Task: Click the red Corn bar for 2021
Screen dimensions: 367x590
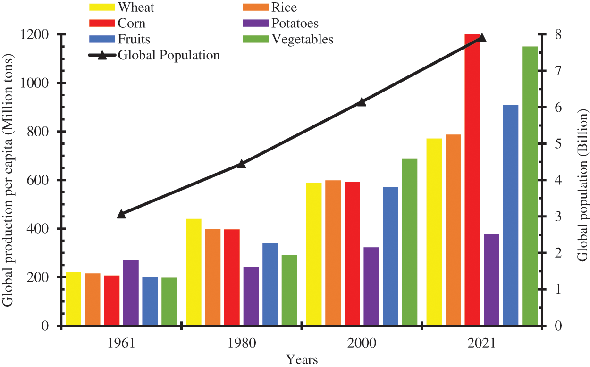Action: [472, 179]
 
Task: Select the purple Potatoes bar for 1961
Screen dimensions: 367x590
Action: [131, 292]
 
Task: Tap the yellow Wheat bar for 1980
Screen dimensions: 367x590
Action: [194, 272]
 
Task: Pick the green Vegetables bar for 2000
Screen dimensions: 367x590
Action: [410, 242]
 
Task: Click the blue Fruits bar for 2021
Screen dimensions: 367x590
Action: [511, 215]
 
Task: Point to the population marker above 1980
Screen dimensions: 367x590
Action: [241, 164]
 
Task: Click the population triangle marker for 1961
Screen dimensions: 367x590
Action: [121, 214]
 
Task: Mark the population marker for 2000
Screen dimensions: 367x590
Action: [362, 102]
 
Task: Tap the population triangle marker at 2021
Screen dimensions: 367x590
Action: [482, 38]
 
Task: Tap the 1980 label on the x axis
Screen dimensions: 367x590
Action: [241, 343]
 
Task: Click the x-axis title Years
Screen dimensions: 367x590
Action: [302, 359]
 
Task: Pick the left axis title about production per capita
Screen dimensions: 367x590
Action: [8, 180]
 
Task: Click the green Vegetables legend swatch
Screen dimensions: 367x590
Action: [255, 39]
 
